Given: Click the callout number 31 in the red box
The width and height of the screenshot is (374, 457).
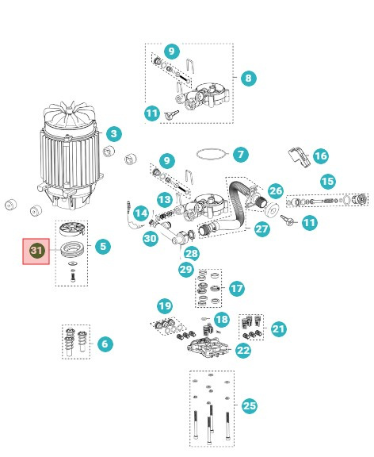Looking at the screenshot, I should pyautogui.click(x=36, y=251).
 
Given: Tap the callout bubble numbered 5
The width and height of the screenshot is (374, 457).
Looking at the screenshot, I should pyautogui.click(x=102, y=247).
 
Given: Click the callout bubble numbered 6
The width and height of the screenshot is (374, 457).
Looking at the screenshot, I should pyautogui.click(x=104, y=344).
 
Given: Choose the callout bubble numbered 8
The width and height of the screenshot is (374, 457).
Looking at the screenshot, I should pyautogui.click(x=248, y=79).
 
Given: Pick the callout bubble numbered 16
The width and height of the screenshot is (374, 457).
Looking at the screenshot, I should pyautogui.click(x=320, y=156).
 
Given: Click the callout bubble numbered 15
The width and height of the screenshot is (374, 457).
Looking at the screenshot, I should pyautogui.click(x=327, y=181).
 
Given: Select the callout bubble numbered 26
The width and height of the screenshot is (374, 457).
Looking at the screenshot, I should pyautogui.click(x=275, y=191).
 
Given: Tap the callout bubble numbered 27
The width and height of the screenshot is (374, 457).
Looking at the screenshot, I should pyautogui.click(x=261, y=228).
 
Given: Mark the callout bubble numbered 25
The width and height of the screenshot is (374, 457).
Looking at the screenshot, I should pyautogui.click(x=250, y=405).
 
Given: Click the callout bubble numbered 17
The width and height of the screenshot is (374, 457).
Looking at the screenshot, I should pyautogui.click(x=236, y=289).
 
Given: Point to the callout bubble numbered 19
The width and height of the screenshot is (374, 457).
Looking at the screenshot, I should pyautogui.click(x=164, y=306).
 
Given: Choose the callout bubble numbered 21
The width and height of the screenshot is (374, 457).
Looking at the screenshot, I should pyautogui.click(x=277, y=328).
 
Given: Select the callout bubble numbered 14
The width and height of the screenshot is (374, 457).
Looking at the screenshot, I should pyautogui.click(x=140, y=213).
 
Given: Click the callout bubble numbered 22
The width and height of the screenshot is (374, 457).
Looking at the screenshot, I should pyautogui.click(x=243, y=349).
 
